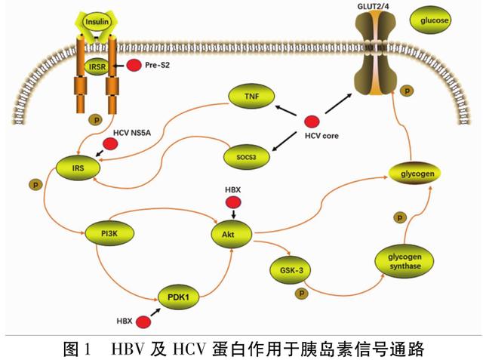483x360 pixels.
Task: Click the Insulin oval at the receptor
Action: tap(97, 22)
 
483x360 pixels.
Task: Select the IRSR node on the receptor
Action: tap(97, 66)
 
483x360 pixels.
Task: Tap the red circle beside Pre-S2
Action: tap(134, 66)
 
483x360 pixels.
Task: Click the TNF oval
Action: tap(251, 97)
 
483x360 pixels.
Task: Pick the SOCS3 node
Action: tap(247, 157)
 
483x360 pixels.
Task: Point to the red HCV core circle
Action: tap(312, 122)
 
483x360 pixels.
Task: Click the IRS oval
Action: tap(78, 168)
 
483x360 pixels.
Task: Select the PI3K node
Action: tap(109, 233)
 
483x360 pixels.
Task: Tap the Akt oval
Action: tap(231, 235)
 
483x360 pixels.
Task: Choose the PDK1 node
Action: tap(178, 297)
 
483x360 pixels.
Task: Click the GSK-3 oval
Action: tap(291, 270)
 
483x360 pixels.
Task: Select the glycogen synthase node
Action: tap(405, 261)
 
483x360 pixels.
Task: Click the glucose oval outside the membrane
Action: tap(430, 20)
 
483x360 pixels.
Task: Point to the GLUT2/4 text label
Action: tap(373, 6)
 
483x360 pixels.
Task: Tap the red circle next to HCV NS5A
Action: tap(110, 144)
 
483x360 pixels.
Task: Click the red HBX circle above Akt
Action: tap(233, 202)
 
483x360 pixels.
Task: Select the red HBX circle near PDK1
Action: tap(143, 322)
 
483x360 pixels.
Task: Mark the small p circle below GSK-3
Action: tap(302, 293)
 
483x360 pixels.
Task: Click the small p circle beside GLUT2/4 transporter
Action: tap(407, 91)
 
